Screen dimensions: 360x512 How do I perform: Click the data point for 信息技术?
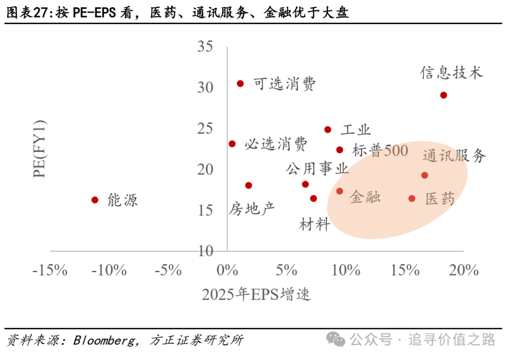coord(443,95)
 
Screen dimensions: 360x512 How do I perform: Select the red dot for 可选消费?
coord(240,83)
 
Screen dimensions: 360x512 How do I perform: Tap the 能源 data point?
coord(95,200)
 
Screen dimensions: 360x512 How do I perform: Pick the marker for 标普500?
coord(339,150)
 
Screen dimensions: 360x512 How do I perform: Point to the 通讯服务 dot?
coord(424,175)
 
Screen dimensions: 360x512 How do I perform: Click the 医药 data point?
coord(411,198)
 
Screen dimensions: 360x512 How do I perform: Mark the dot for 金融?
coord(339,191)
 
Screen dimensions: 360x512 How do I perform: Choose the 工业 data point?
coord(328,129)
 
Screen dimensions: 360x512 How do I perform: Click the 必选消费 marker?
coord(232,144)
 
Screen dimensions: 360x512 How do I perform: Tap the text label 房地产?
coord(252,208)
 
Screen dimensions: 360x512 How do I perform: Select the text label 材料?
coord(314,224)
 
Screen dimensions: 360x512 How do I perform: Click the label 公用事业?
coord(317,168)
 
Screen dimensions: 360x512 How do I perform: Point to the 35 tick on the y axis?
coord(205,46)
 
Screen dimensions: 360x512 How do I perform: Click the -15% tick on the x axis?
coord(49,271)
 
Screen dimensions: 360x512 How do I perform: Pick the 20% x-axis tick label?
coord(463,271)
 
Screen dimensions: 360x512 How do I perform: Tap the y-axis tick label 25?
coord(205,129)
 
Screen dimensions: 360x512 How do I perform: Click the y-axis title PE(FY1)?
coord(40,149)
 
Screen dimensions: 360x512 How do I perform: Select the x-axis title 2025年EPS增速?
coord(256,295)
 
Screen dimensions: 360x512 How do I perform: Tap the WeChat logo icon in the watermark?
coord(337,339)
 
